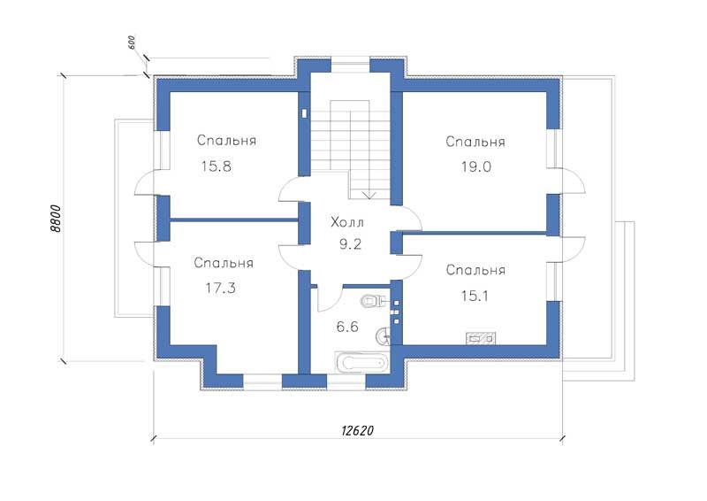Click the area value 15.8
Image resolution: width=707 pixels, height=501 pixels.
click(x=217, y=166)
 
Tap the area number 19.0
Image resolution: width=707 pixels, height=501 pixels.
click(x=476, y=166)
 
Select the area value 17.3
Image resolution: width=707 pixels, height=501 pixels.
click(x=220, y=288)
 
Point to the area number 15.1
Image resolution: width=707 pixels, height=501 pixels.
click(x=475, y=296)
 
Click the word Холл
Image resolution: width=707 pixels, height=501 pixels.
click(x=347, y=222)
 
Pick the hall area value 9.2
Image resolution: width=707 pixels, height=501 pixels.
click(x=350, y=244)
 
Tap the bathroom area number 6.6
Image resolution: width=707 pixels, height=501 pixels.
click(x=347, y=326)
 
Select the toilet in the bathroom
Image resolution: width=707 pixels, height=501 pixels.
click(x=372, y=300)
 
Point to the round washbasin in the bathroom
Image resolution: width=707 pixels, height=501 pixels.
click(x=383, y=335)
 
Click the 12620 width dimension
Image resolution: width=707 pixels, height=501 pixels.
click(x=358, y=430)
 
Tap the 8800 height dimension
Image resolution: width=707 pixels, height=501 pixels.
click(x=55, y=219)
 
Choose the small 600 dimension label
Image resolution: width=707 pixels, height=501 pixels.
click(x=132, y=42)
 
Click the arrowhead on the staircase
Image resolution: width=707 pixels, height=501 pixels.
click(x=369, y=195)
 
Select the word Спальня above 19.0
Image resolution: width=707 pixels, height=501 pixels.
click(x=475, y=142)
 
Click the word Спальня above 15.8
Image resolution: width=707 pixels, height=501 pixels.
click(x=226, y=141)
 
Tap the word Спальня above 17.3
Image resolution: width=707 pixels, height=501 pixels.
click(x=224, y=263)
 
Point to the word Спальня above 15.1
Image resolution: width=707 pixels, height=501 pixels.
click(x=475, y=270)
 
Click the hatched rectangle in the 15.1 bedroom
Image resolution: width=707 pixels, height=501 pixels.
click(x=481, y=337)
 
